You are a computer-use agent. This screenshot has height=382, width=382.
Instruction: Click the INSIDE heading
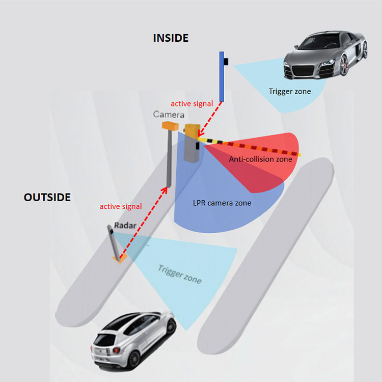coord(171,38)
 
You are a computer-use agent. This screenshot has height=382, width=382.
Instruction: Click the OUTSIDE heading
coord(47,197)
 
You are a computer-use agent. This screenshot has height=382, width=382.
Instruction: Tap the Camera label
coord(169,115)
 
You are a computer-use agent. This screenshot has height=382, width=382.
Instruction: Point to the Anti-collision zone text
coord(260,159)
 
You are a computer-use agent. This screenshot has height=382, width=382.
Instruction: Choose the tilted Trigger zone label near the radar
coord(179,275)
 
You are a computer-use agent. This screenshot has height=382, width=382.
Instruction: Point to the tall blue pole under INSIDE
coord(222,76)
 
